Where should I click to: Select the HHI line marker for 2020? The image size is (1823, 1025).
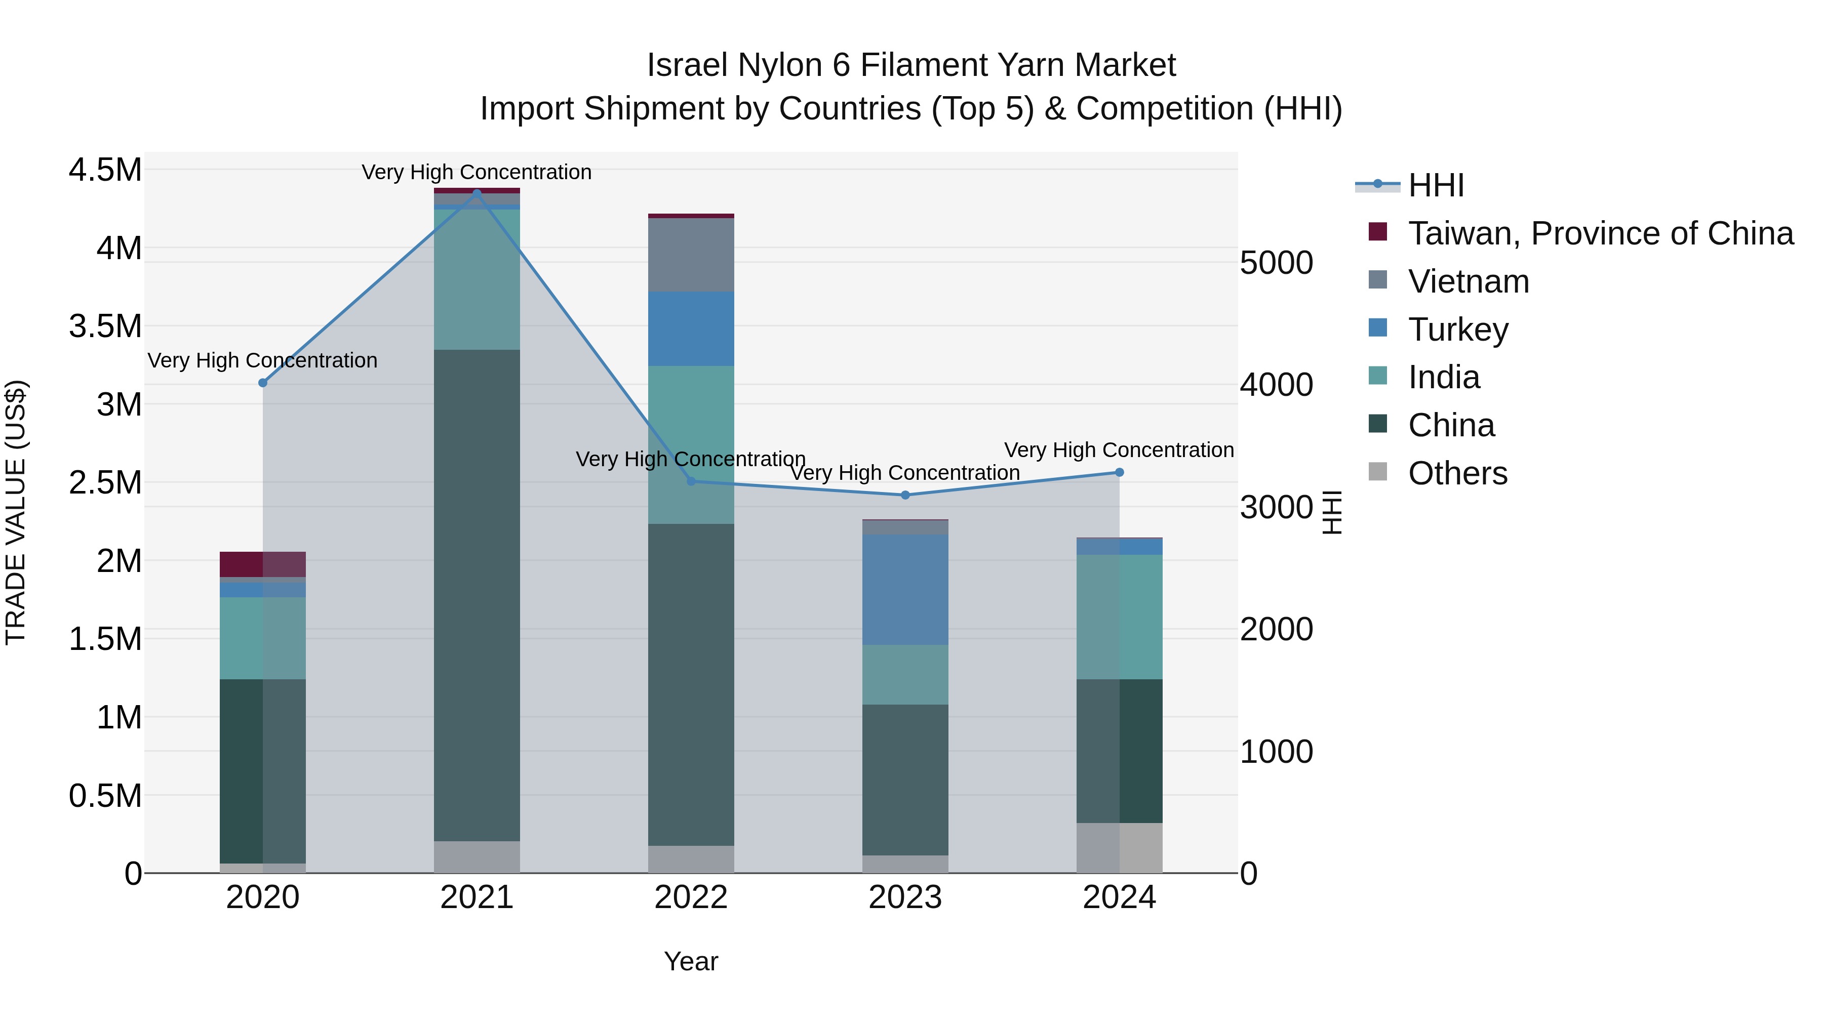point(262,383)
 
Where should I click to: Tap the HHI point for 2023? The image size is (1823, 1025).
point(905,495)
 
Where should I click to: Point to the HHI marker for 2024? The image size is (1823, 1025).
point(1119,473)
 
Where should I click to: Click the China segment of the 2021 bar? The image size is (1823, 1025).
point(477,594)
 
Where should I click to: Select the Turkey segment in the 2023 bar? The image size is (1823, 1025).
point(905,589)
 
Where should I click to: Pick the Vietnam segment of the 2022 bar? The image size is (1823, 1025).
point(691,255)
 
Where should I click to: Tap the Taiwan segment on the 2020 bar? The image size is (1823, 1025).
point(262,564)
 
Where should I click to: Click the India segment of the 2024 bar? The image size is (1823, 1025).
point(1119,617)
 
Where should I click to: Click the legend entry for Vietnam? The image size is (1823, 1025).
point(1469,281)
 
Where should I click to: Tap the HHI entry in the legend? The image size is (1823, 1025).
point(1435,185)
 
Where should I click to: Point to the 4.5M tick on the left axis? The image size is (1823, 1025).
point(105,171)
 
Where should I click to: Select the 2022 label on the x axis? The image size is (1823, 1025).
point(691,897)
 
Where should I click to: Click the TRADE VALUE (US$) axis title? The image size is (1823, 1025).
point(16,512)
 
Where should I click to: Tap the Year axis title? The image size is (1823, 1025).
point(691,961)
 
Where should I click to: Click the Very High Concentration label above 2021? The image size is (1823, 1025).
point(477,172)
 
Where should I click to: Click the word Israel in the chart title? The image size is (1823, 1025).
point(687,65)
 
